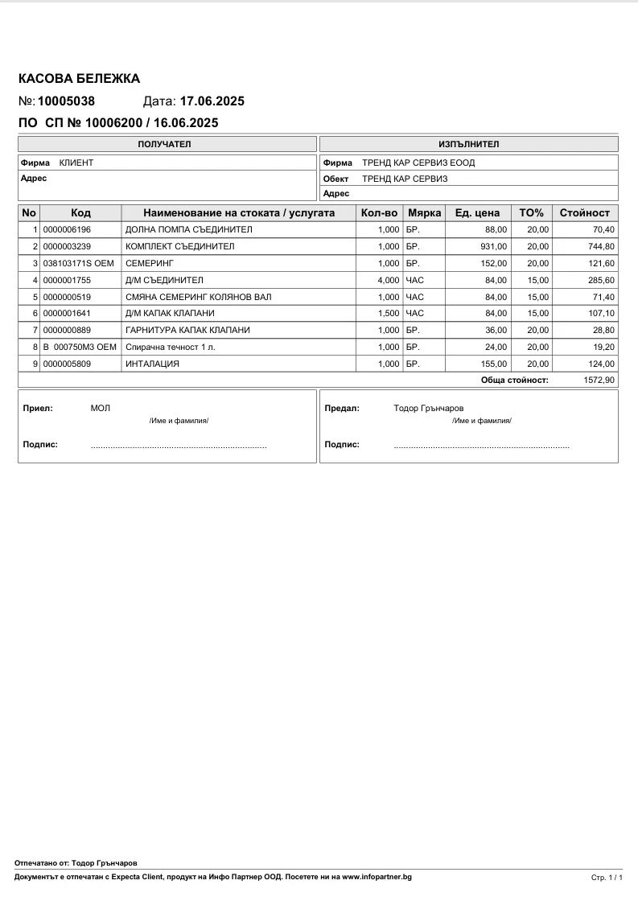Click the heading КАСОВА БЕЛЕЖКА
click(79, 78)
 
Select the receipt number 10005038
click(67, 101)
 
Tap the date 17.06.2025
click(212, 101)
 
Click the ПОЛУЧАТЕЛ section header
click(167, 144)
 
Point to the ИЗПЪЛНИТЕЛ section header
click(468, 144)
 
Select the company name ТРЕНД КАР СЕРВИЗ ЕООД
click(418, 162)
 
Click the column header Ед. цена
click(477, 213)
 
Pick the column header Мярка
click(424, 213)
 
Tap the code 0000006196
click(67, 230)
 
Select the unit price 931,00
click(494, 246)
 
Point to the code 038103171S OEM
click(80, 263)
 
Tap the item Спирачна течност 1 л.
click(171, 347)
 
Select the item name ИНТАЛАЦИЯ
click(153, 364)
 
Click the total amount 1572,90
click(599, 380)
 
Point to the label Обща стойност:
click(514, 380)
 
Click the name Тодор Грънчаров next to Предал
click(429, 408)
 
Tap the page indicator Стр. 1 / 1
click(607, 878)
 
